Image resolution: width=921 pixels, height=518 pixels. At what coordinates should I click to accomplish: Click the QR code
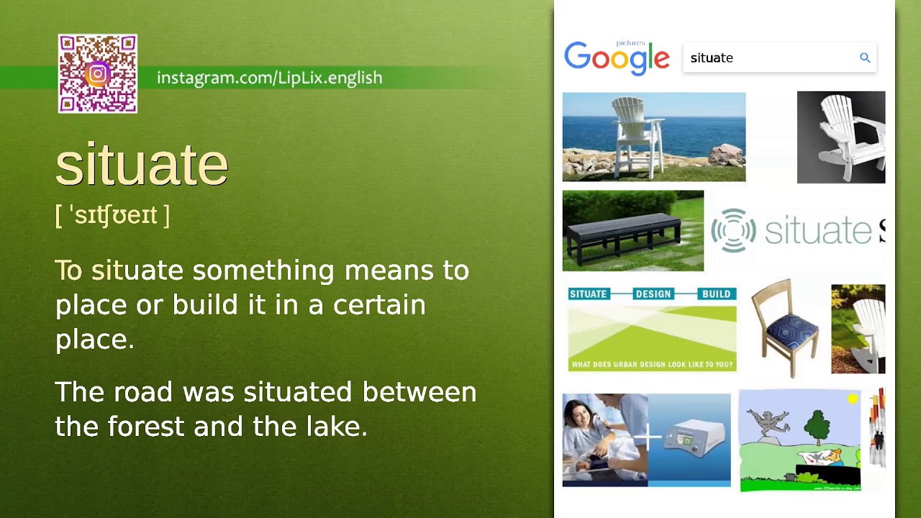pos(98,74)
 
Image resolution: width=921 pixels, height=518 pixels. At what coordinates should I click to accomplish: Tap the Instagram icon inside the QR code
pos(98,74)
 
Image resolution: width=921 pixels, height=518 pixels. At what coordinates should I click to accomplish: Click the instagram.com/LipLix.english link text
pos(269,78)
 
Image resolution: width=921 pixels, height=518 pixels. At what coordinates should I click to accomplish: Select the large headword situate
pos(142,165)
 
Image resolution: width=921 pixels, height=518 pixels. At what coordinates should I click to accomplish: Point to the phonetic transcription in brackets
pos(112,215)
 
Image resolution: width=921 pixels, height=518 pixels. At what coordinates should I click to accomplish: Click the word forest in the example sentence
pos(146,427)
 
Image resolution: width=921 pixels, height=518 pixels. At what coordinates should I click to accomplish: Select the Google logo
pos(617,58)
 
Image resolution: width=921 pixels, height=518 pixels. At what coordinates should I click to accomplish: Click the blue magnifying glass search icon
pos(865,58)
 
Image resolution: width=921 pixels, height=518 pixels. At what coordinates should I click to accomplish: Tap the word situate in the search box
pos(712,58)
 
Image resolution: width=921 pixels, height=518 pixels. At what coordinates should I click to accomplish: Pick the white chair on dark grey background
pos(841,137)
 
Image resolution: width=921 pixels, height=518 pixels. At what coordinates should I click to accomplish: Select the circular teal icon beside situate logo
pos(733,230)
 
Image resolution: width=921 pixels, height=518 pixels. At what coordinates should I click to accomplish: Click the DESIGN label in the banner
pos(653,294)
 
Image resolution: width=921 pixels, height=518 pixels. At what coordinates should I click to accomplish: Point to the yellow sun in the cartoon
pos(853,398)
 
